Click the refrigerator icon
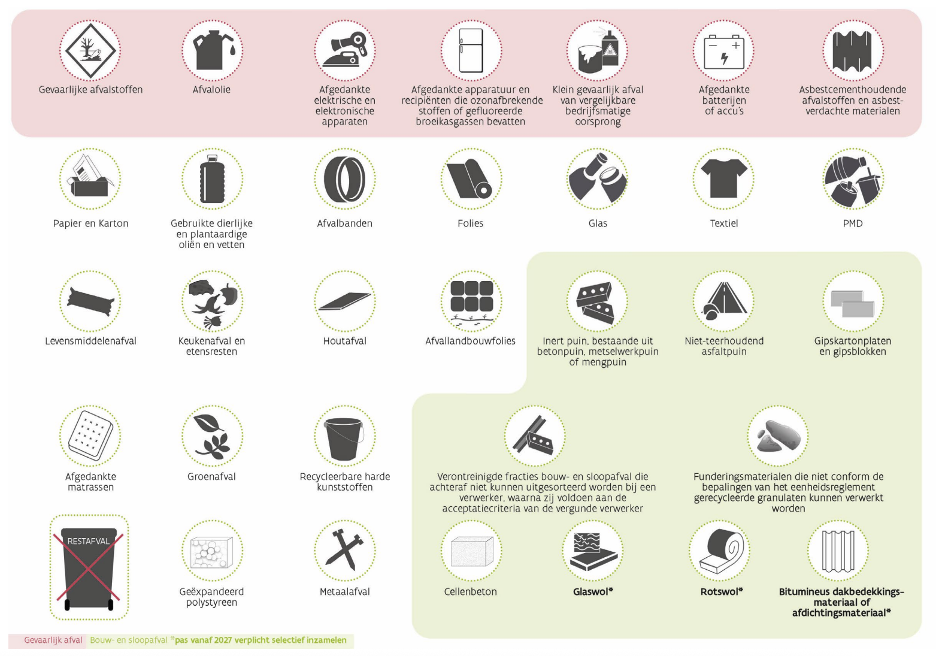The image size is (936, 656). (x=471, y=50)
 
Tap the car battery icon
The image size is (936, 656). (x=724, y=52)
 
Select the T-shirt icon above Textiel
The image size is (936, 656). (x=724, y=179)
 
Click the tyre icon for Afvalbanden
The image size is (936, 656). (x=344, y=179)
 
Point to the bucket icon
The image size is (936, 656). (x=344, y=439)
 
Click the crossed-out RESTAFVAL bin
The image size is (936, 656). (x=89, y=568)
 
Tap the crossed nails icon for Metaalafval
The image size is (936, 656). (x=344, y=549)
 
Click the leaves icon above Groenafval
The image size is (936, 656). (x=212, y=436)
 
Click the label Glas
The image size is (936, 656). (x=598, y=223)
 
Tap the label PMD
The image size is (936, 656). (x=852, y=223)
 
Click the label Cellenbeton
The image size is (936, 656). (x=470, y=592)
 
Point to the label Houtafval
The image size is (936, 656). (x=344, y=341)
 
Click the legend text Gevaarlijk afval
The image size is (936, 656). (x=53, y=640)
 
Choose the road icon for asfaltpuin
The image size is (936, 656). (x=725, y=301)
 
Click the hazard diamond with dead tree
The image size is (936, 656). (x=90, y=50)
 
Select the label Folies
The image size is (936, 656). (x=470, y=223)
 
